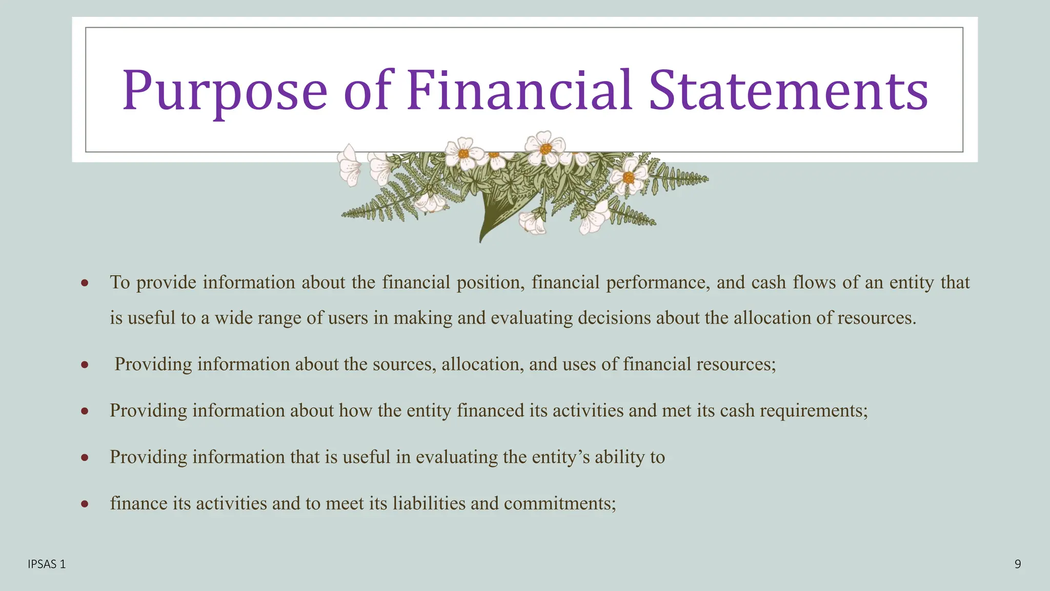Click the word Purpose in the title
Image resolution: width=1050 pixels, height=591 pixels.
tap(225, 91)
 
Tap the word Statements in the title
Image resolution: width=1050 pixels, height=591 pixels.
tap(788, 91)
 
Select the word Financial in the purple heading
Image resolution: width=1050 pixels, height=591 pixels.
tap(519, 91)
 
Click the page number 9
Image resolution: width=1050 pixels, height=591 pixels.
tap(1017, 564)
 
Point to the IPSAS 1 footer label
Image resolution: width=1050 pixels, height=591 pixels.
tap(47, 564)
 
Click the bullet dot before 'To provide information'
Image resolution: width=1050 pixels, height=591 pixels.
tap(85, 283)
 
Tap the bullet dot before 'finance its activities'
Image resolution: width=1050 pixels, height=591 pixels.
tap(85, 504)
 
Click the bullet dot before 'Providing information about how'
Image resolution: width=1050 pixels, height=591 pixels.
tap(85, 411)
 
